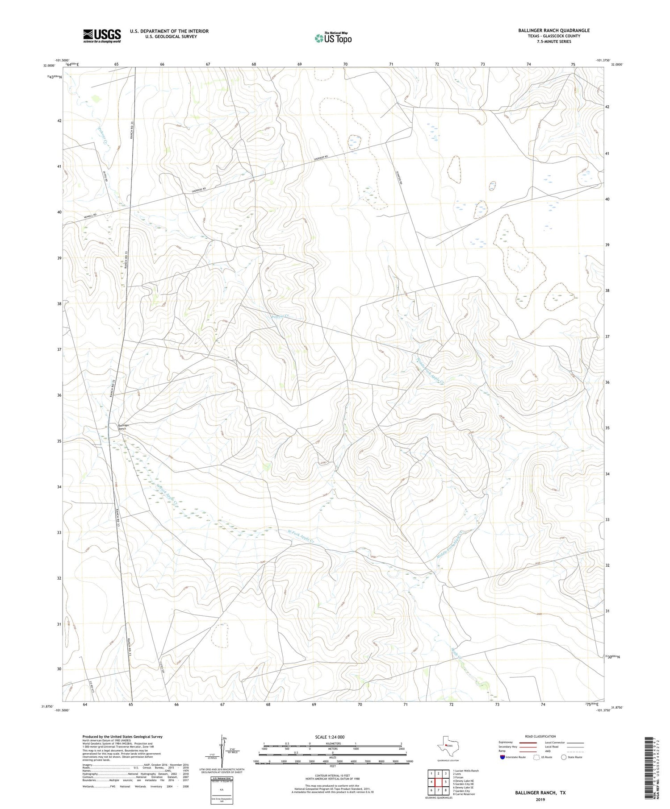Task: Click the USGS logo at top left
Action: click(102, 36)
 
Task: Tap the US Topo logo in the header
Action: click(333, 38)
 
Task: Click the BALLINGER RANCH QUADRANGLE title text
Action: click(553, 30)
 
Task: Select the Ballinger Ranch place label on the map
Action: click(124, 427)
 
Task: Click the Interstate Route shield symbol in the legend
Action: click(502, 757)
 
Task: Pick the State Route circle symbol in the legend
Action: click(564, 757)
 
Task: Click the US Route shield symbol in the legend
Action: click(536, 757)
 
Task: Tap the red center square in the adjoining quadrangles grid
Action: click(439, 782)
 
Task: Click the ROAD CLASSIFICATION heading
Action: click(540, 736)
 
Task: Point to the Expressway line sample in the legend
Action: click(527, 743)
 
